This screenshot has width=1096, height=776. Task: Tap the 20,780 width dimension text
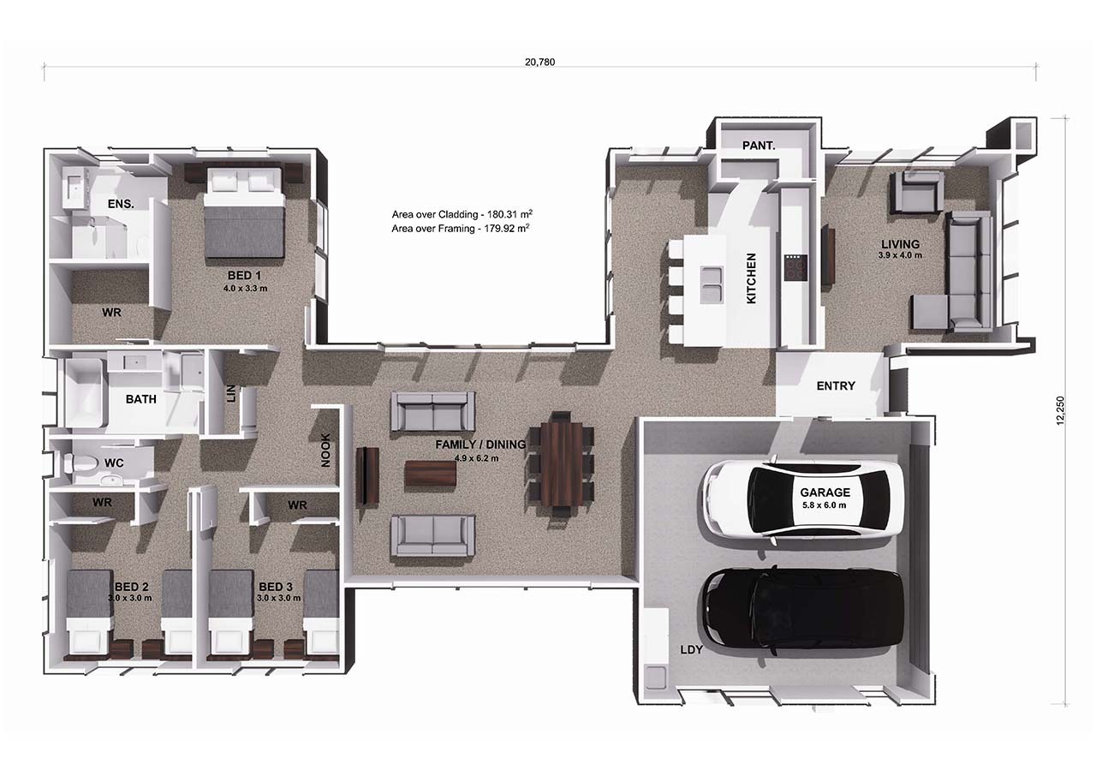point(540,62)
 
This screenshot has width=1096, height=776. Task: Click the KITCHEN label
point(751,278)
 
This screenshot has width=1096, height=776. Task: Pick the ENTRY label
point(835,386)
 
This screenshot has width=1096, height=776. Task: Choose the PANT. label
point(758,146)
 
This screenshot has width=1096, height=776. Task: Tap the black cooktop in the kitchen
point(795,269)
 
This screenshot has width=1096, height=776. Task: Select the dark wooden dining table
point(561,463)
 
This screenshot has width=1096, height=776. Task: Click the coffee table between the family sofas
point(431,474)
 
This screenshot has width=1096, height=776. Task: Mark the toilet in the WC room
point(82,464)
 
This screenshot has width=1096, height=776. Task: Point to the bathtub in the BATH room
point(84,393)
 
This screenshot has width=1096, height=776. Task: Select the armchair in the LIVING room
point(917,192)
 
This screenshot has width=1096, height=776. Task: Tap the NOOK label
point(325,451)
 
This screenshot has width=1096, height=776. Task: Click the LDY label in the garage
point(691,650)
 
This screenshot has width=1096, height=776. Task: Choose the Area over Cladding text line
point(468,214)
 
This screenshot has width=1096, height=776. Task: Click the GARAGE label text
point(825,492)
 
